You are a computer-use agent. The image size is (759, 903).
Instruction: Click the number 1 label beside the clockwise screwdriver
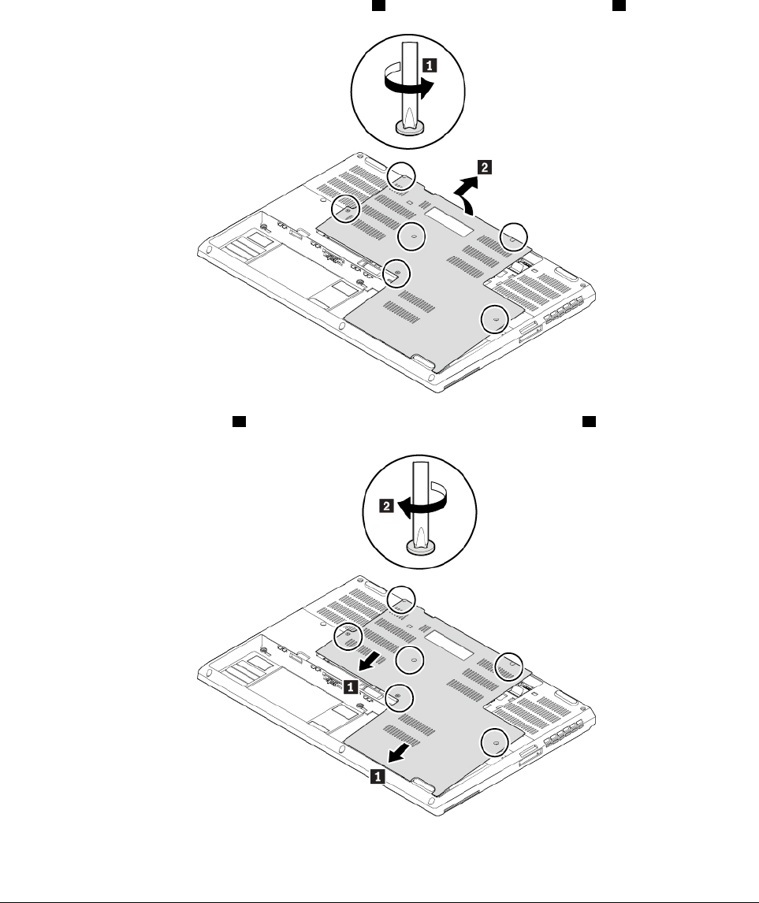[x=428, y=66]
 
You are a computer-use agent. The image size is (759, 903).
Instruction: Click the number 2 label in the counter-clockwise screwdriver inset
[x=387, y=508]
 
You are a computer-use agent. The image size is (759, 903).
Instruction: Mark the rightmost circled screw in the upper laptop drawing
[x=513, y=234]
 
